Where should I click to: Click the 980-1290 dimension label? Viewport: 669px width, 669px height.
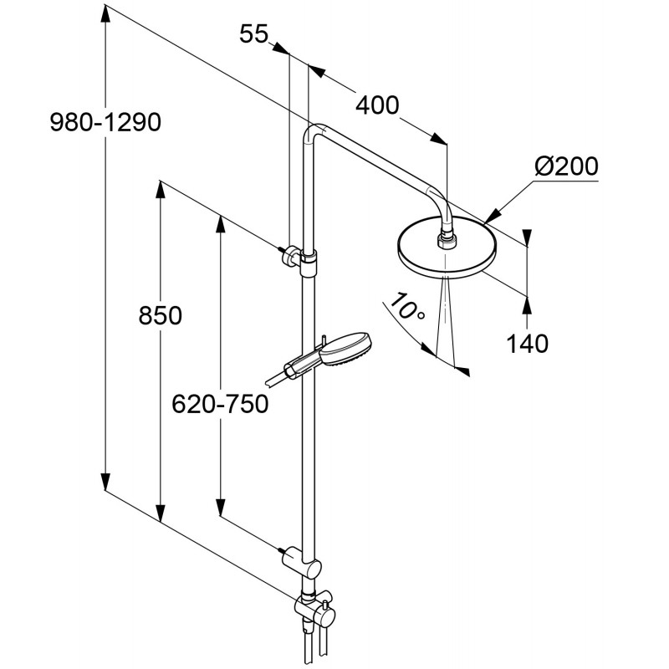[x=104, y=123]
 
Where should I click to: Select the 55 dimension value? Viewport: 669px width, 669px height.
[x=253, y=34]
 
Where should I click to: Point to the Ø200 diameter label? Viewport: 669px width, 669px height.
[x=566, y=166]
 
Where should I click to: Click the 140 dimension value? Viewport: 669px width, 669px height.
[x=527, y=343]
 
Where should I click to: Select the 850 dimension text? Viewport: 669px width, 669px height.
[x=158, y=316]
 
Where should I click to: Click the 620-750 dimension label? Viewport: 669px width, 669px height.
[x=219, y=405]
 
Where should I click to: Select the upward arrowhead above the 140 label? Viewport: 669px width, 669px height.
[x=527, y=302]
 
